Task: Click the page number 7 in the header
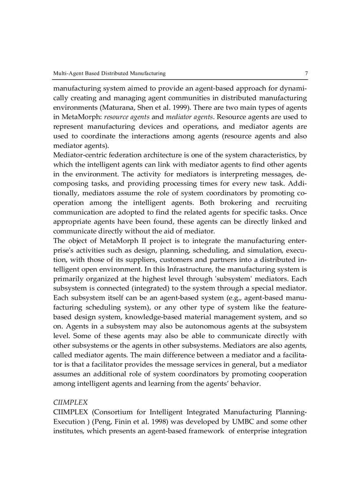click(306, 73)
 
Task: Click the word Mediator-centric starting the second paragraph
click(81, 155)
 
